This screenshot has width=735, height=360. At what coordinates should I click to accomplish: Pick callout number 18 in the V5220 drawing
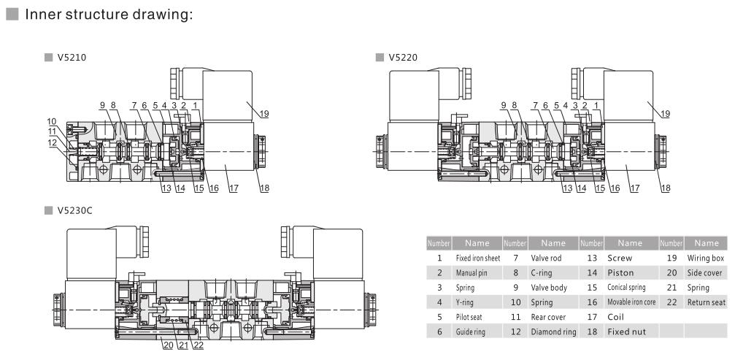[x=666, y=188]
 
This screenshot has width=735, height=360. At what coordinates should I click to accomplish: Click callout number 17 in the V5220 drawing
[x=634, y=188]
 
